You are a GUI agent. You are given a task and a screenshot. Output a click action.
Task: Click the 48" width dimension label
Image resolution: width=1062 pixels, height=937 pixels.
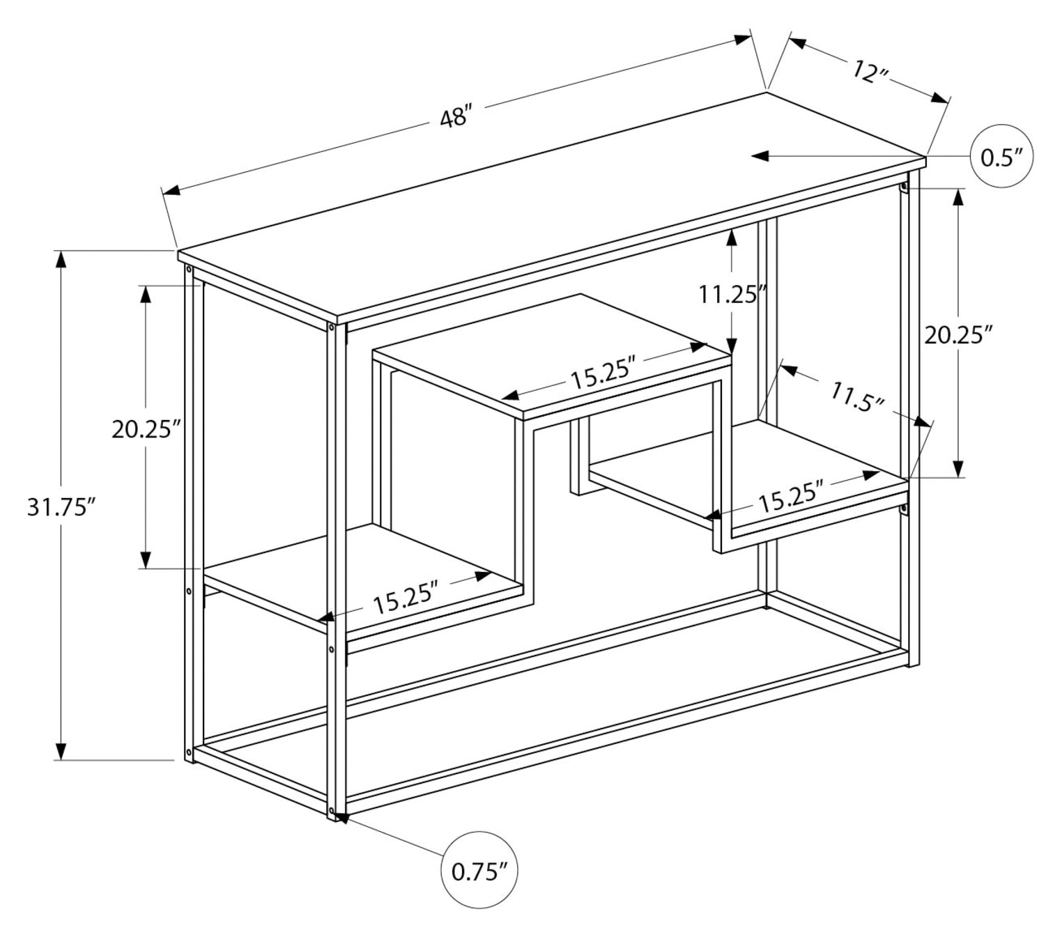456,116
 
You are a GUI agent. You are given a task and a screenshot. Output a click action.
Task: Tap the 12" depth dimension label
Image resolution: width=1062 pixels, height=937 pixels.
868,70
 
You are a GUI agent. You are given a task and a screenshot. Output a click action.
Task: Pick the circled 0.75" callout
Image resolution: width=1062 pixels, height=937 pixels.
480,870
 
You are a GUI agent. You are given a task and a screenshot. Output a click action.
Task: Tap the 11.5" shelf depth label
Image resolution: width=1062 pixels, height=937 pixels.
858,398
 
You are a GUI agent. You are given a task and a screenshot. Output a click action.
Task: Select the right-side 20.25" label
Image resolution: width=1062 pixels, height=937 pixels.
957,335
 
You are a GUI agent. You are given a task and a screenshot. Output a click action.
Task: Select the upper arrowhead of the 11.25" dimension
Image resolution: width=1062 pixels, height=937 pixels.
731,238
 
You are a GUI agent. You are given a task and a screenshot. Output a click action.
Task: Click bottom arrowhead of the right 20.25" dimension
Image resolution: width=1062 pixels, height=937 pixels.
958,469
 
